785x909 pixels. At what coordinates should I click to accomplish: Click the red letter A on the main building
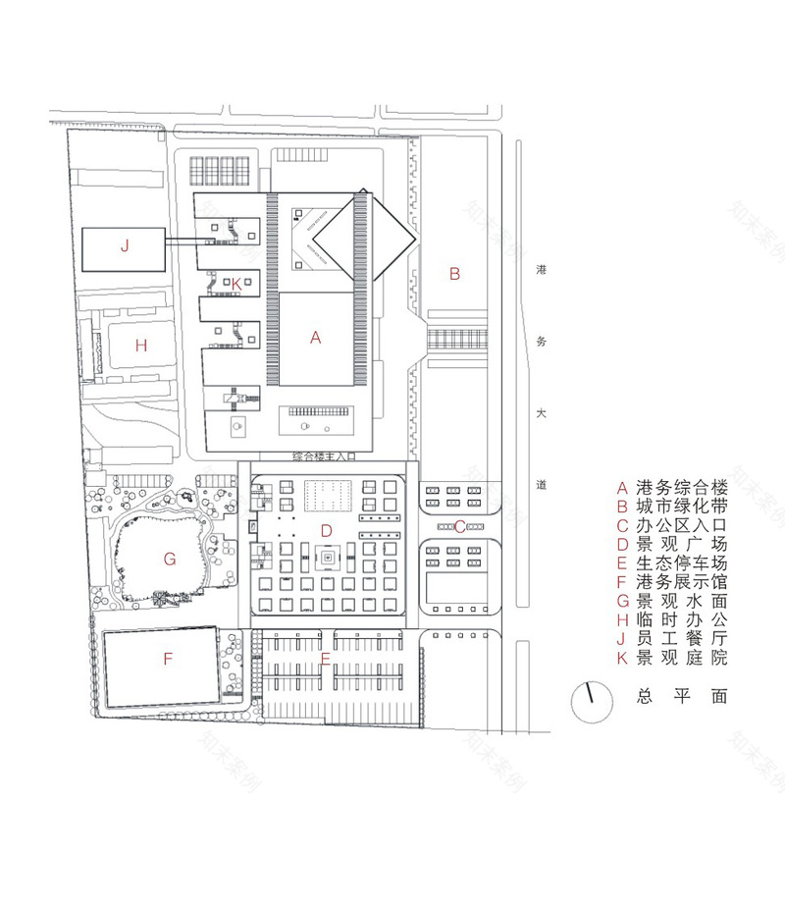tap(315, 337)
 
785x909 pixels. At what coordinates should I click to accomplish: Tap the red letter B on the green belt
tap(454, 274)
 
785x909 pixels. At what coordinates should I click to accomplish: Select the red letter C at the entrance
tap(459, 526)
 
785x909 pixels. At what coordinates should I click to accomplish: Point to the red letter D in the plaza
tap(327, 531)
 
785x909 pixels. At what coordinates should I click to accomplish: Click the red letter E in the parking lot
tap(326, 658)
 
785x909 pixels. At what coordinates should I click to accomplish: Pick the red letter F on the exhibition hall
tap(168, 659)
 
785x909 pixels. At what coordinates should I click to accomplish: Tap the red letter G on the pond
tap(169, 559)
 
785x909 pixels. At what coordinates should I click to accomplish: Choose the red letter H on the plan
tap(141, 345)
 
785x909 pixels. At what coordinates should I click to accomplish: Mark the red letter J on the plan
tap(125, 246)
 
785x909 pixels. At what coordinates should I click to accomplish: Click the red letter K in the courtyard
tap(236, 284)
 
